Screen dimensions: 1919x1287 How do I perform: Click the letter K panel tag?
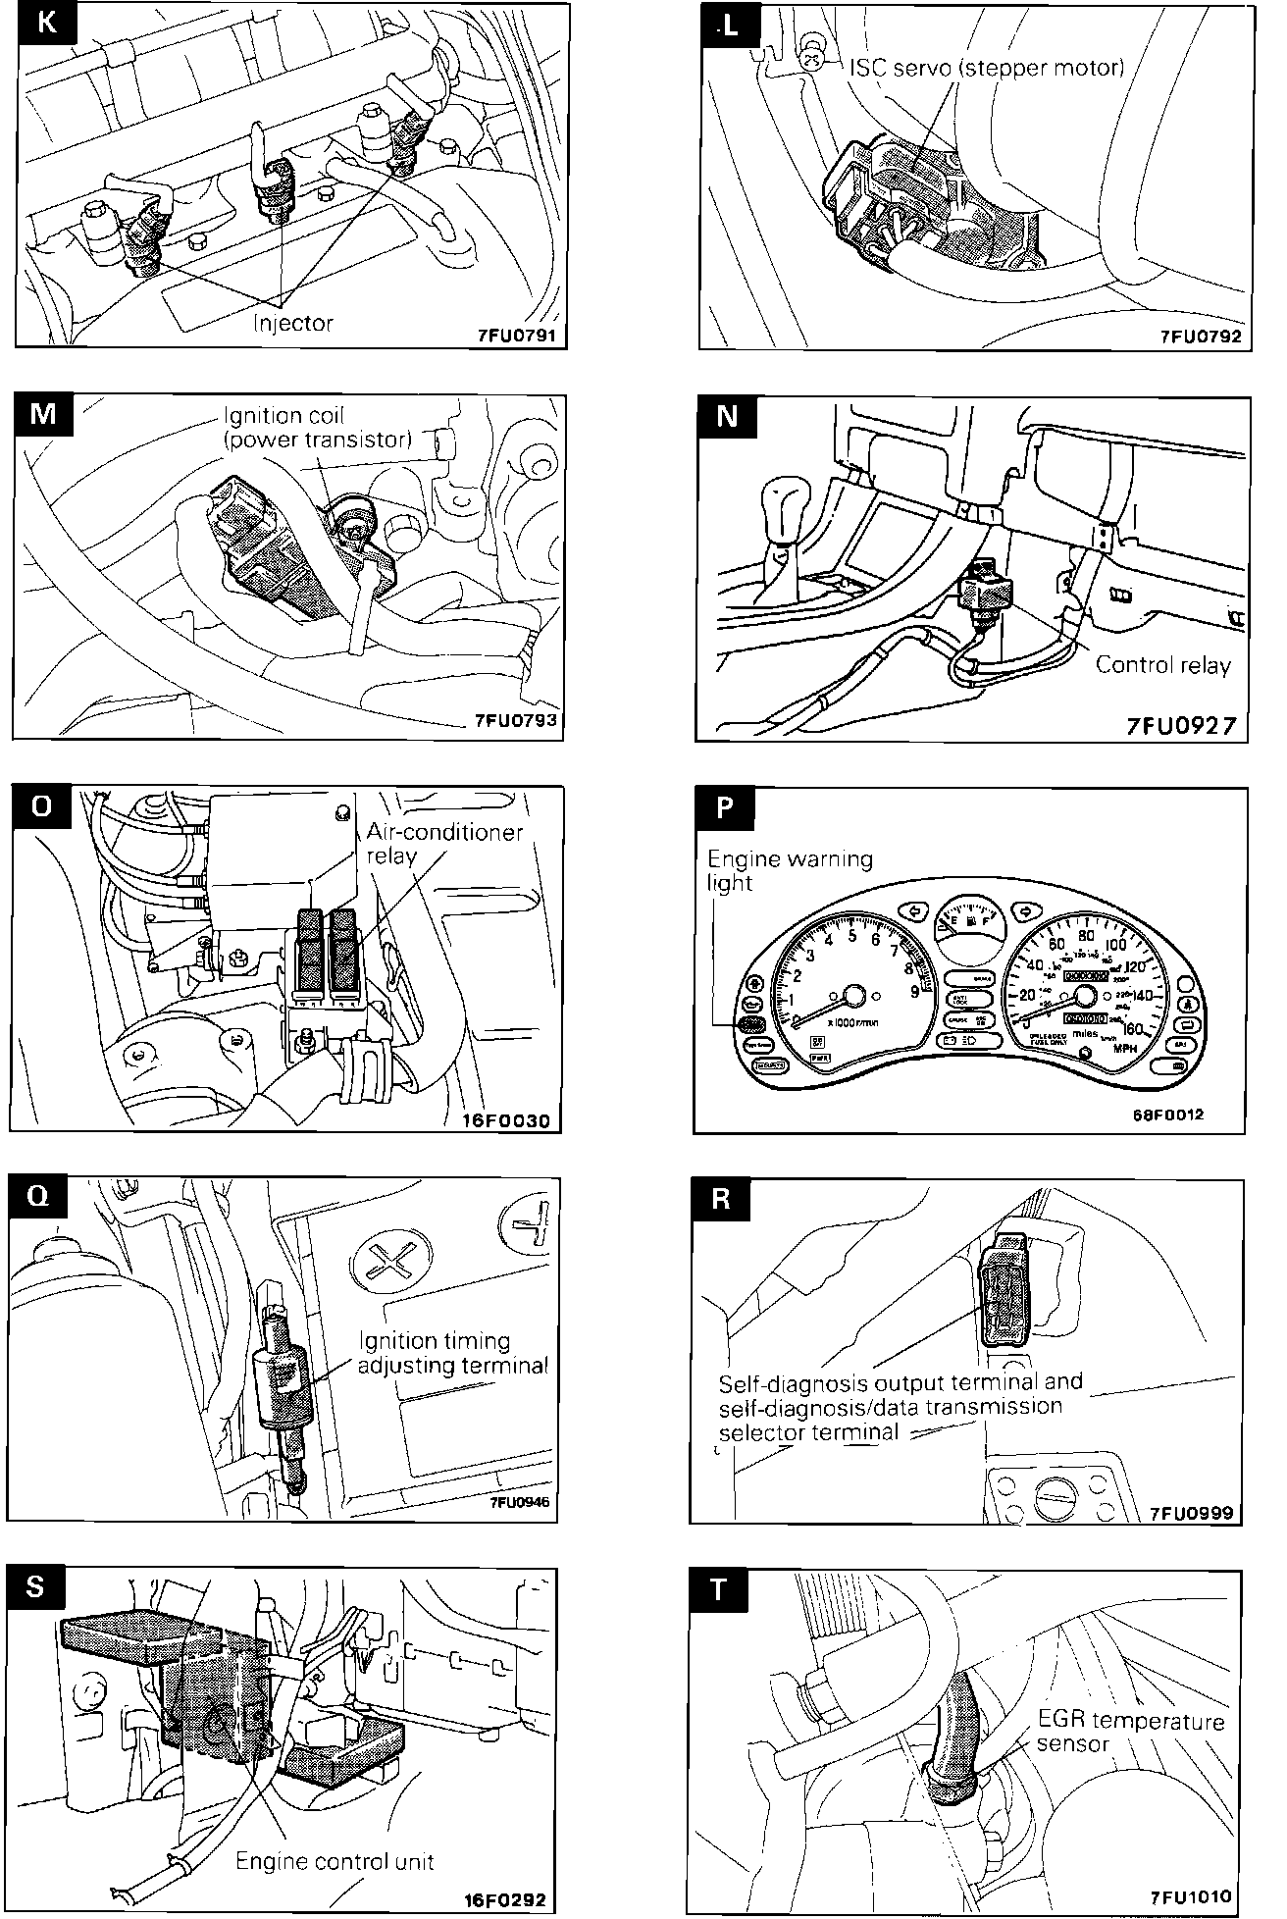click(45, 24)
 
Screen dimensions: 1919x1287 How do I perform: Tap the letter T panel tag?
click(719, 1590)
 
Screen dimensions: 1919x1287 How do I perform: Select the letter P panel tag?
click(724, 807)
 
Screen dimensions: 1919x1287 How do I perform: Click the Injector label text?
click(292, 323)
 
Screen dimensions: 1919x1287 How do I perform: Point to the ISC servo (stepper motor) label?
click(987, 69)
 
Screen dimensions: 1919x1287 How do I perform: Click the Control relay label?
click(1162, 665)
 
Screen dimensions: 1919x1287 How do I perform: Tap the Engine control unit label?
click(335, 1861)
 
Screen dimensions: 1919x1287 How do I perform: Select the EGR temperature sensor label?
click(1131, 1733)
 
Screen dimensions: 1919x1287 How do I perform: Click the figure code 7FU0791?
click(515, 335)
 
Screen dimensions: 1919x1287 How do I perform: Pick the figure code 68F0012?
click(1173, 1115)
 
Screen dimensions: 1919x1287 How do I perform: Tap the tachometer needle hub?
click(852, 996)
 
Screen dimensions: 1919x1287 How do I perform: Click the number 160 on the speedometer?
click(1136, 1029)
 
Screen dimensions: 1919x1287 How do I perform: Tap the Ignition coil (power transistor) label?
click(316, 428)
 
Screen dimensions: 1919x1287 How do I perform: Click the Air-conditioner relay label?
click(444, 843)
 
